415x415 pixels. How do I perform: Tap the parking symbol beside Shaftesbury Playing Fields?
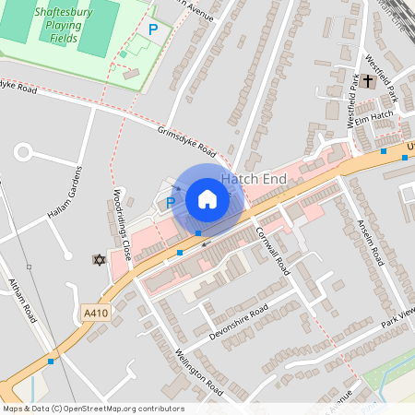tap(153, 30)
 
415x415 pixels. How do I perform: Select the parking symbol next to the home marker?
tap(171, 202)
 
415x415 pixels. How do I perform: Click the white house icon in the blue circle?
tap(207, 199)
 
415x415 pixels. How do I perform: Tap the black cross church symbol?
tap(367, 81)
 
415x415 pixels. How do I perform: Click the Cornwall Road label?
tap(273, 251)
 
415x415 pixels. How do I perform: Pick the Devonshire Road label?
tap(238, 322)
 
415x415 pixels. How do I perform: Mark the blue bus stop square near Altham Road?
tap(50, 362)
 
